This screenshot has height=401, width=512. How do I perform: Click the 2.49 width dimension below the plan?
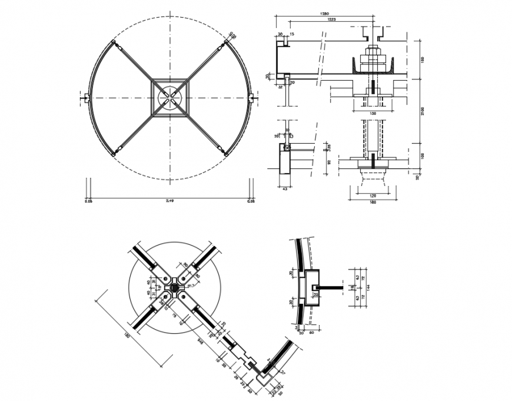(x=169, y=201)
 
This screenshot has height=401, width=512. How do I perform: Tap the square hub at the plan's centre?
(x=170, y=98)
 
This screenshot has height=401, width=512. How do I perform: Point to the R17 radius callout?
(x=190, y=286)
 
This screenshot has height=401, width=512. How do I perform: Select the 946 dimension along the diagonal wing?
(x=201, y=341)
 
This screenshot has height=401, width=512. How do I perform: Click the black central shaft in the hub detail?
(x=174, y=288)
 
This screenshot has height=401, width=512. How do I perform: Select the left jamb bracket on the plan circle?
(x=87, y=98)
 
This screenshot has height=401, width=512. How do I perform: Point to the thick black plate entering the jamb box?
(x=333, y=288)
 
